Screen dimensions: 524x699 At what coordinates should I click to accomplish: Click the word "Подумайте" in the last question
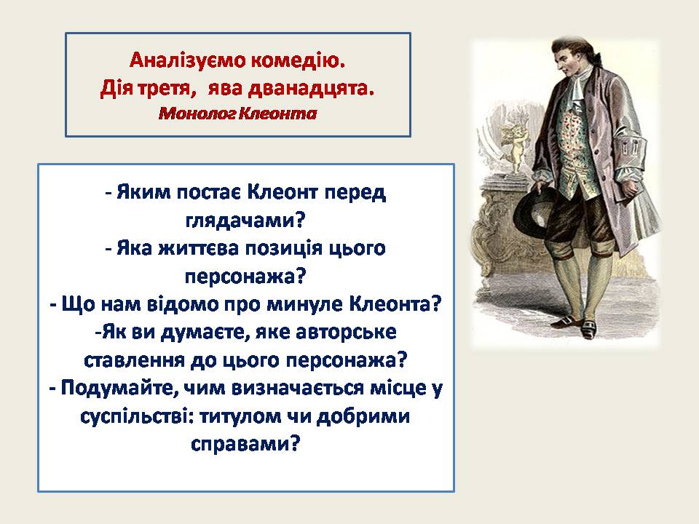tap(120, 388)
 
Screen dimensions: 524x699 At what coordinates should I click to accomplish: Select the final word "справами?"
tap(245, 444)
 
